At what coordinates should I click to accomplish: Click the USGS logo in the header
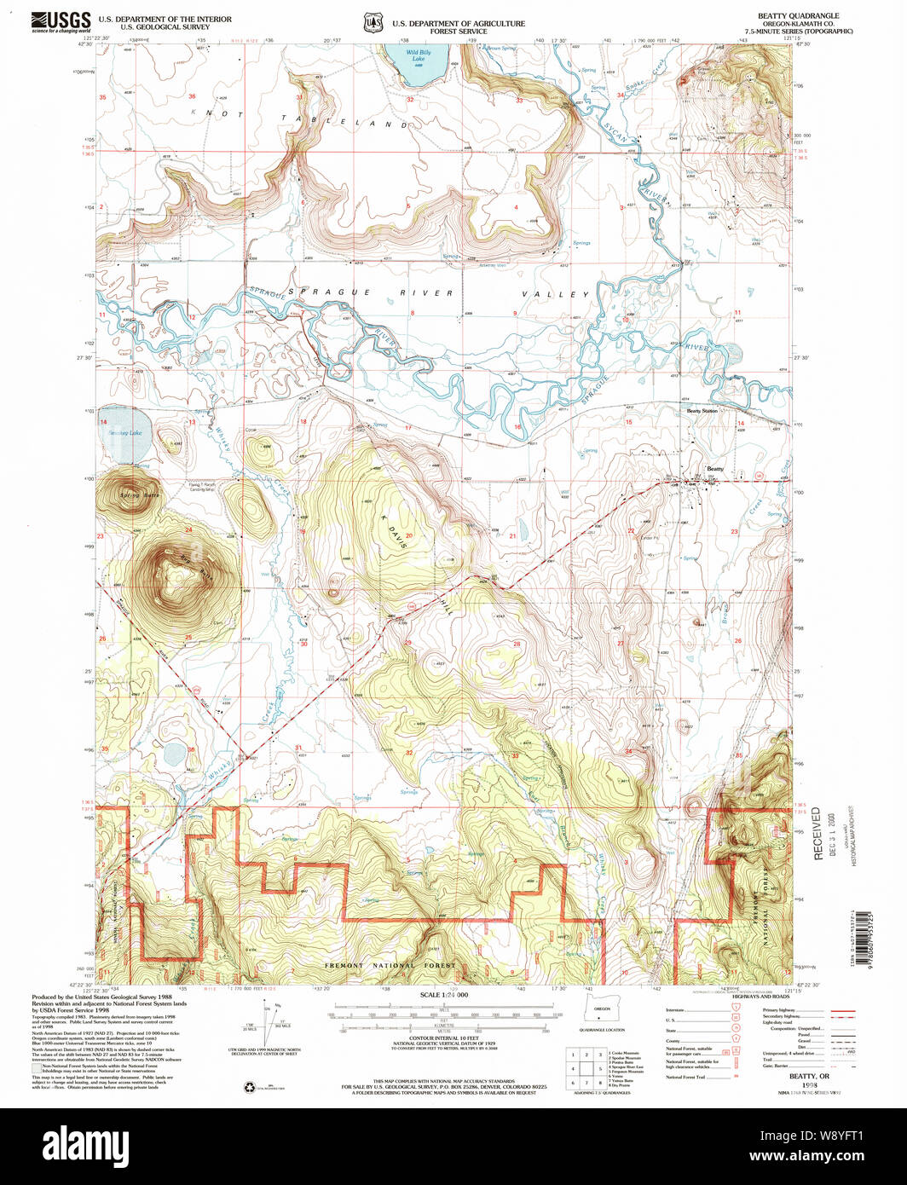pos(61,20)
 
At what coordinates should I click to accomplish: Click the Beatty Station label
pos(702,411)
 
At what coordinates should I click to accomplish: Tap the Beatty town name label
pos(715,468)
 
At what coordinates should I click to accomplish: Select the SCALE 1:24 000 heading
pos(444,995)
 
